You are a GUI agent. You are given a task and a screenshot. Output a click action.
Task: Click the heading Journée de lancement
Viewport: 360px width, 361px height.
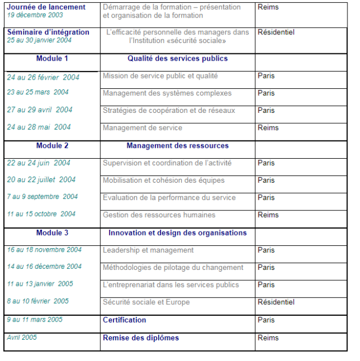[x=46, y=7]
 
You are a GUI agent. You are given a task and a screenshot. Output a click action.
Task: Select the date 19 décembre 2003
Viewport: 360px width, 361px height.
[x=35, y=15]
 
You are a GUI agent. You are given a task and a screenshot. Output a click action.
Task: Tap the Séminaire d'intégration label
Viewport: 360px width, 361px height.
[x=48, y=33]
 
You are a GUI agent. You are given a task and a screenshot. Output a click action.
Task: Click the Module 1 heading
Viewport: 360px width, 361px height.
[x=52, y=58]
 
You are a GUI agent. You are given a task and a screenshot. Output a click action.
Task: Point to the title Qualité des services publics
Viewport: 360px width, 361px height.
[x=177, y=58]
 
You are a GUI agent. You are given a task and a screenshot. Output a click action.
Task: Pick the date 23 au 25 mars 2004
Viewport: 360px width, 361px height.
[x=38, y=92]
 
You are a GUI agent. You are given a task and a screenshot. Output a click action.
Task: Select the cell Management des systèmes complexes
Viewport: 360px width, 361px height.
[x=167, y=93]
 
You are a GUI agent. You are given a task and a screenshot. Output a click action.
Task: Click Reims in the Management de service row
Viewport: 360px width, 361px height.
[x=268, y=128]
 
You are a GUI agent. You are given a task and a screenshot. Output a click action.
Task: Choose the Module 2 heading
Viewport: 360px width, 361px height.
[x=52, y=146]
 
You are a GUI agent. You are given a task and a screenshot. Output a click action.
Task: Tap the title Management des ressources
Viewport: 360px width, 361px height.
[x=177, y=146]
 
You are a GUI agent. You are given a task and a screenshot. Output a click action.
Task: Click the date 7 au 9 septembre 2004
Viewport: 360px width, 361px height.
[x=42, y=197]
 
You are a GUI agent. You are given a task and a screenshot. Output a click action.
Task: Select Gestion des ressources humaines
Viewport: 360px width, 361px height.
[x=159, y=215]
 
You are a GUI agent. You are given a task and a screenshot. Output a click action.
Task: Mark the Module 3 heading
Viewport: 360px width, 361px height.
[x=52, y=233]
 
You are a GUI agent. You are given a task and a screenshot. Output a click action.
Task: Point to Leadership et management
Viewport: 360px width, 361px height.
[x=148, y=250]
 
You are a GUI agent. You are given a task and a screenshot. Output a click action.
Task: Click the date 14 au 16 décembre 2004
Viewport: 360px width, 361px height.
[x=44, y=266]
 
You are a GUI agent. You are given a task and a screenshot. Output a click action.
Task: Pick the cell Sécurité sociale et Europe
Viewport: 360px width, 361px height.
[x=146, y=302]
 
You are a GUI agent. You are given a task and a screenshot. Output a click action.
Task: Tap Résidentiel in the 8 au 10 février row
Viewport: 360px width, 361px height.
[x=276, y=302]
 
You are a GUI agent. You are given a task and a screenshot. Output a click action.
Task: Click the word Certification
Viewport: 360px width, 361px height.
[x=124, y=320]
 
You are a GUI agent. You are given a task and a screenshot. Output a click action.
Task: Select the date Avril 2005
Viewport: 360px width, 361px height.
[x=22, y=338]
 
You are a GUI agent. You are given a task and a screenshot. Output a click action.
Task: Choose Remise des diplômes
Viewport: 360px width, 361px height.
[x=140, y=338]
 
